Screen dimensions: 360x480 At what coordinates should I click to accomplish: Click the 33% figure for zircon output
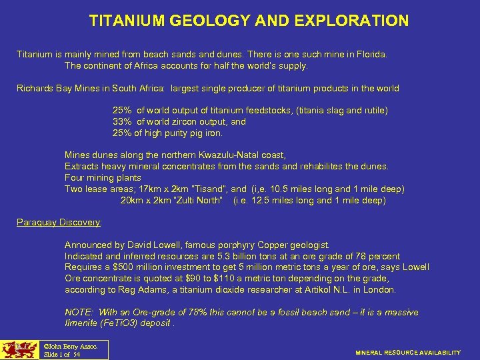click(x=123, y=122)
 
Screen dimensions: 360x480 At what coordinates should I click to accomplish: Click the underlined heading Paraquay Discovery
click(x=59, y=223)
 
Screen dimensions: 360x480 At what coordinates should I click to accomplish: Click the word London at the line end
click(x=380, y=290)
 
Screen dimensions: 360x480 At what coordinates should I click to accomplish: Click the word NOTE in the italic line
click(x=78, y=312)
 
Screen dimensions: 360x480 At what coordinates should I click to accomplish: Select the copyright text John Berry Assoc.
click(x=70, y=347)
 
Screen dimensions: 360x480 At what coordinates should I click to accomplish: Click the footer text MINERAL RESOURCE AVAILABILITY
click(x=408, y=352)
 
